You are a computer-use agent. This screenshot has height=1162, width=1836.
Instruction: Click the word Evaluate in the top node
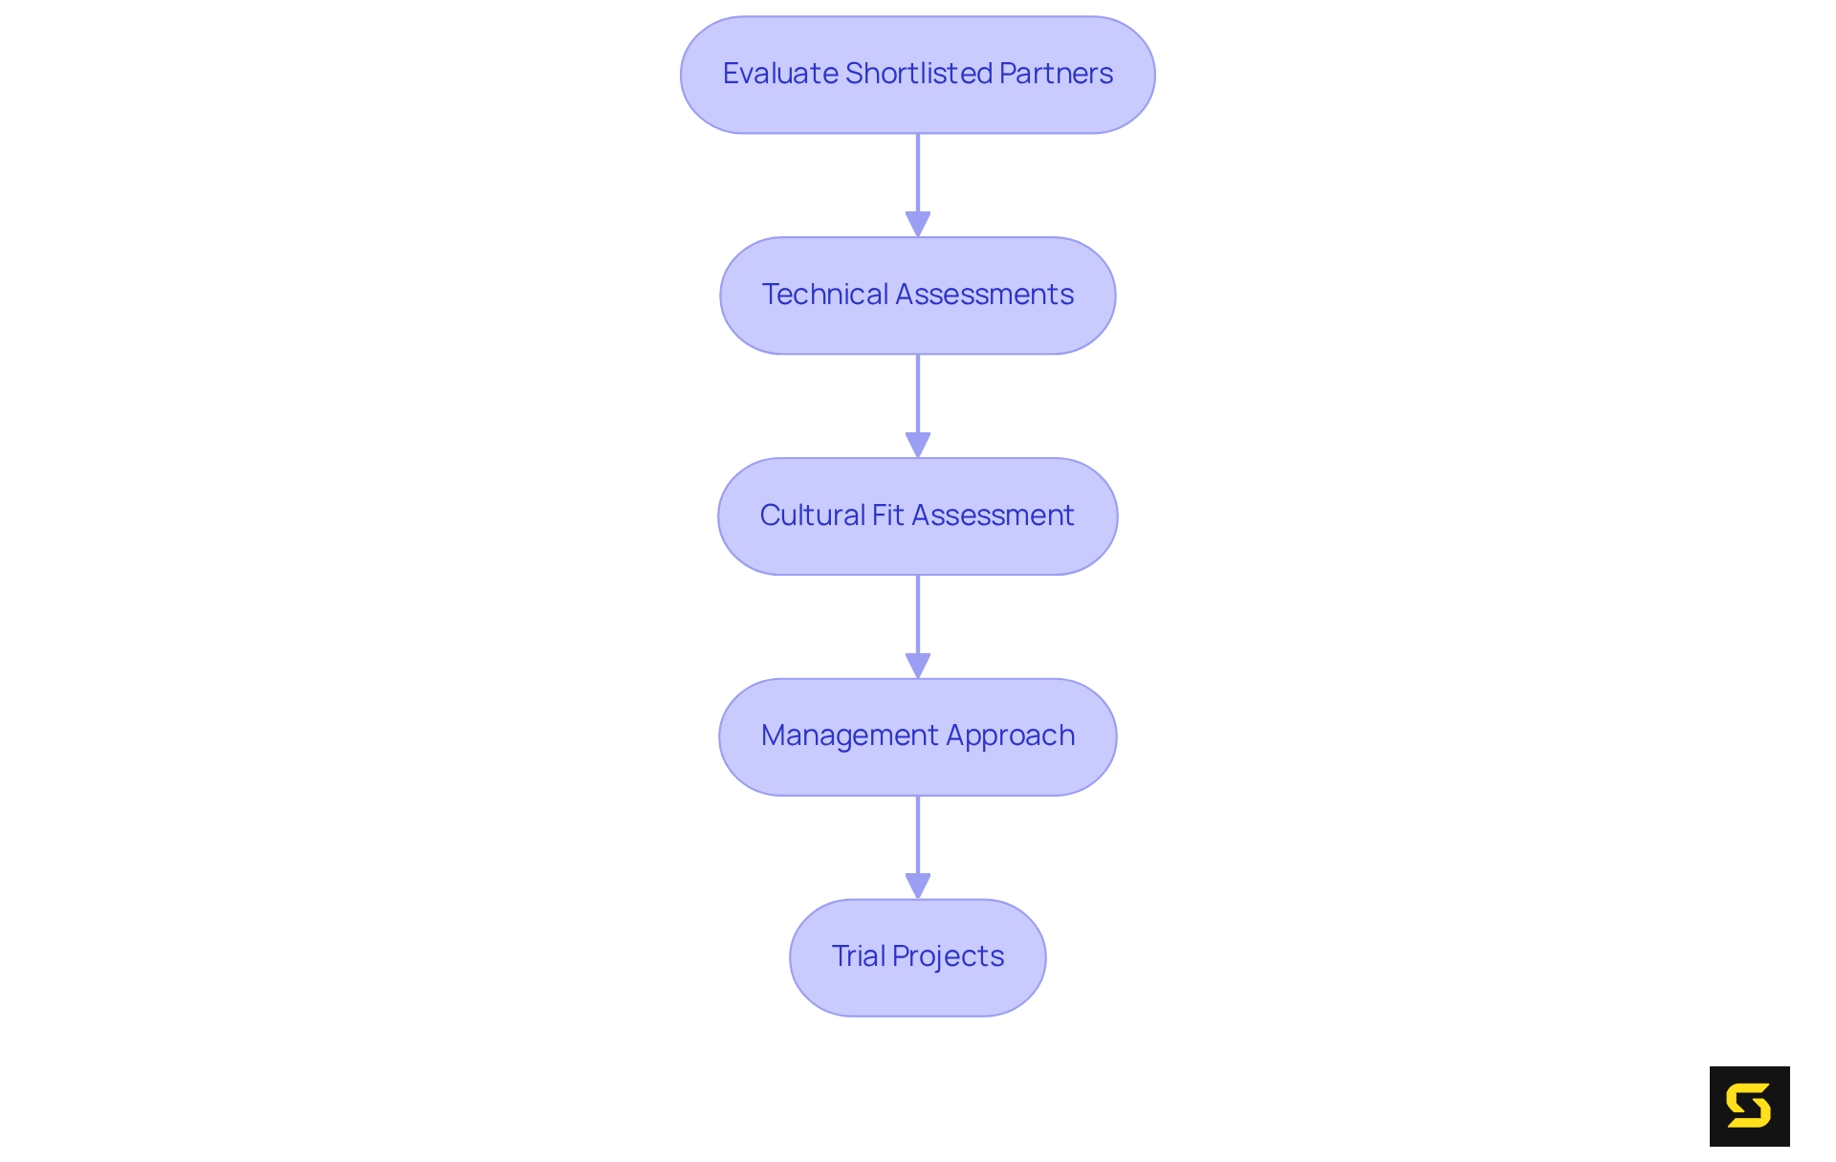780,74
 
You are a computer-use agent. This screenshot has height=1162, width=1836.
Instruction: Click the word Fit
887,515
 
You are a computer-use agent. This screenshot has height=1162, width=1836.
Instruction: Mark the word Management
849,735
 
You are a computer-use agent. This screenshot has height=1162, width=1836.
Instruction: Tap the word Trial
858,956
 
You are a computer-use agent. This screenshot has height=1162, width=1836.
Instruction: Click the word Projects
948,956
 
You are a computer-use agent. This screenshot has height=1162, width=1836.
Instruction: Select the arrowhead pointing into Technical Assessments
918,224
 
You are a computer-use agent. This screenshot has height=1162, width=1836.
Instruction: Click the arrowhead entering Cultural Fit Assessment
918,445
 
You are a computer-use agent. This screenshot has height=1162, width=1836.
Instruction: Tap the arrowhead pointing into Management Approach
918,666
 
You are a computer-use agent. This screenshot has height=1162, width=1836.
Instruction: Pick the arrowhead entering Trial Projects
918,886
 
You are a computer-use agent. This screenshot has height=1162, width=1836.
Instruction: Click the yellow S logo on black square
1749,1107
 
